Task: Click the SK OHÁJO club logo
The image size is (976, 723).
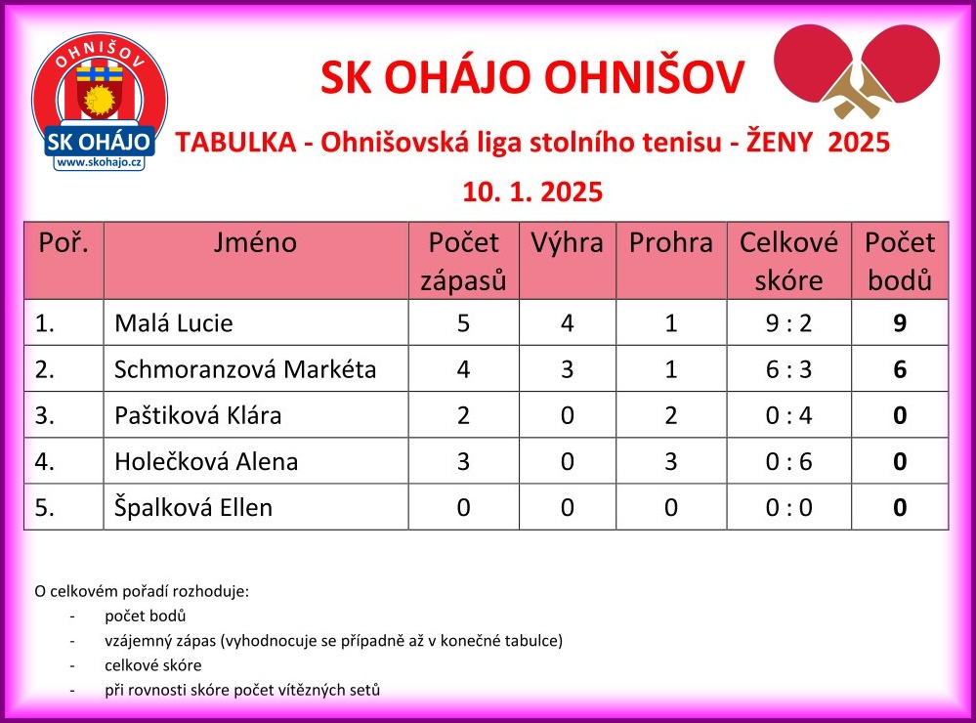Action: click(x=100, y=102)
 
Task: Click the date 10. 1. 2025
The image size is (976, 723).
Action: click(x=532, y=191)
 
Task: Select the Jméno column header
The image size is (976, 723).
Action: click(x=255, y=242)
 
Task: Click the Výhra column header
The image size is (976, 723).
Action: click(x=567, y=242)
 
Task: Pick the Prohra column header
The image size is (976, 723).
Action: click(x=671, y=242)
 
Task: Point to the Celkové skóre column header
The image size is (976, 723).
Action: click(x=788, y=261)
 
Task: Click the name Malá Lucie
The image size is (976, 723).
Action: click(x=174, y=323)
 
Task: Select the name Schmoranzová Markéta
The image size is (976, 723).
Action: click(x=245, y=369)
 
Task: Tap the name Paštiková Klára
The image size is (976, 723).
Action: click(x=198, y=415)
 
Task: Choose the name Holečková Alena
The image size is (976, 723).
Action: click(x=206, y=461)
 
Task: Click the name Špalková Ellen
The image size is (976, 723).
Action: click(x=193, y=507)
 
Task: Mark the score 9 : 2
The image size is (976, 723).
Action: click(x=788, y=323)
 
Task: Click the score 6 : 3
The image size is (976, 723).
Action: click(x=788, y=369)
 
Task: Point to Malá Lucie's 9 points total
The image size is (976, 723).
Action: click(x=900, y=323)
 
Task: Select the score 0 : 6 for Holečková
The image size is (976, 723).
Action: click(x=788, y=461)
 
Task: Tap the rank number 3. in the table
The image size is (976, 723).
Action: click(x=45, y=415)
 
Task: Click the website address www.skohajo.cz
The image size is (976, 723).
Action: click(x=99, y=162)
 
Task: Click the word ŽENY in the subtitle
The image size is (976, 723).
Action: click(x=780, y=142)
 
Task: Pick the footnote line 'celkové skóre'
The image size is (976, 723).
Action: click(x=153, y=665)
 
